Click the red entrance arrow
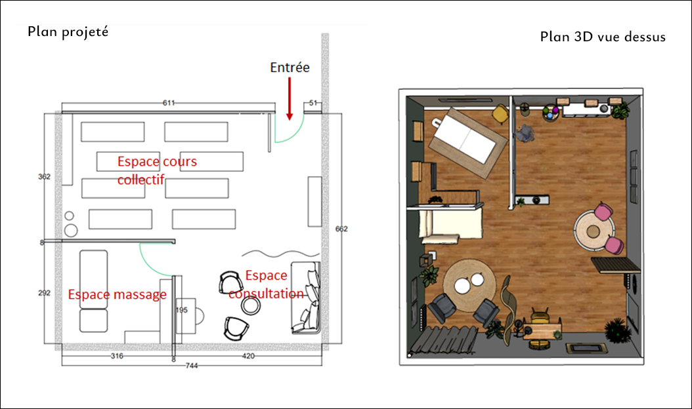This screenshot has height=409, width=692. (x=290, y=99)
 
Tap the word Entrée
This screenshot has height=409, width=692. (x=290, y=68)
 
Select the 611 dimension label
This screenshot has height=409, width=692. (x=169, y=103)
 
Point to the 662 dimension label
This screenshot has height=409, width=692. (x=341, y=229)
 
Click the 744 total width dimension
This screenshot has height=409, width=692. (x=192, y=365)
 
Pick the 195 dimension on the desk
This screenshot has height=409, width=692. (x=182, y=310)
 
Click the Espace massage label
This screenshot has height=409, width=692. (x=118, y=294)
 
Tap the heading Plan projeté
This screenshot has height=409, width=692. (x=68, y=31)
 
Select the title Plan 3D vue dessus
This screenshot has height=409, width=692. (x=603, y=37)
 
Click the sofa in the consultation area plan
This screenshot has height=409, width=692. (x=305, y=298)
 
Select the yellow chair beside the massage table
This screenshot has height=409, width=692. (x=501, y=113)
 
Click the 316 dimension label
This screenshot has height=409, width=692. (x=117, y=356)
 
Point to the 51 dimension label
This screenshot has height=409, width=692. (x=313, y=103)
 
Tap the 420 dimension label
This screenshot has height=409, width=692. (x=248, y=356)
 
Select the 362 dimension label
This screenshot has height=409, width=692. (x=44, y=177)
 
